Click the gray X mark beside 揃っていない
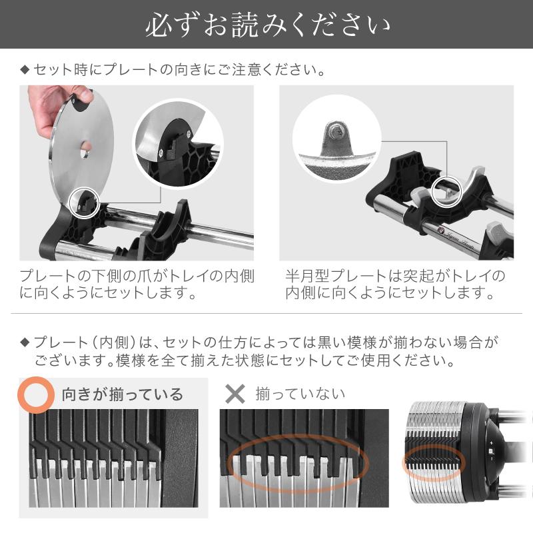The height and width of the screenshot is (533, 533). coord(235,394)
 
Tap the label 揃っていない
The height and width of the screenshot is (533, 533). coord(300,394)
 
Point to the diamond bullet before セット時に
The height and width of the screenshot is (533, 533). coord(25,69)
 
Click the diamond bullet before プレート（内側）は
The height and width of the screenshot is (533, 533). coord(25,343)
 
